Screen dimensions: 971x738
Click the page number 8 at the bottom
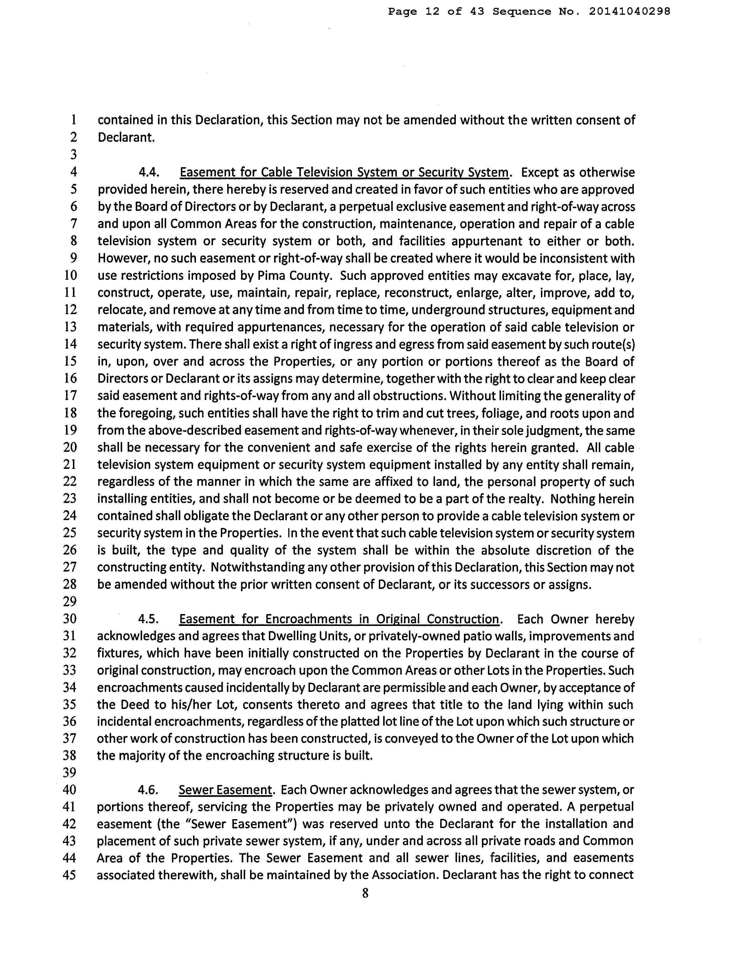click(x=365, y=893)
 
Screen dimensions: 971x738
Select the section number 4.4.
click(x=148, y=172)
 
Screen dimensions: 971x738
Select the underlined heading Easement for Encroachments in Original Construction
click(x=339, y=619)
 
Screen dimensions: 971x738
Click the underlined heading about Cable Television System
click(x=344, y=172)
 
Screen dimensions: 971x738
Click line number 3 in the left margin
click(x=73, y=154)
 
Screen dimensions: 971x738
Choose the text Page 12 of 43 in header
click(x=436, y=12)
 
